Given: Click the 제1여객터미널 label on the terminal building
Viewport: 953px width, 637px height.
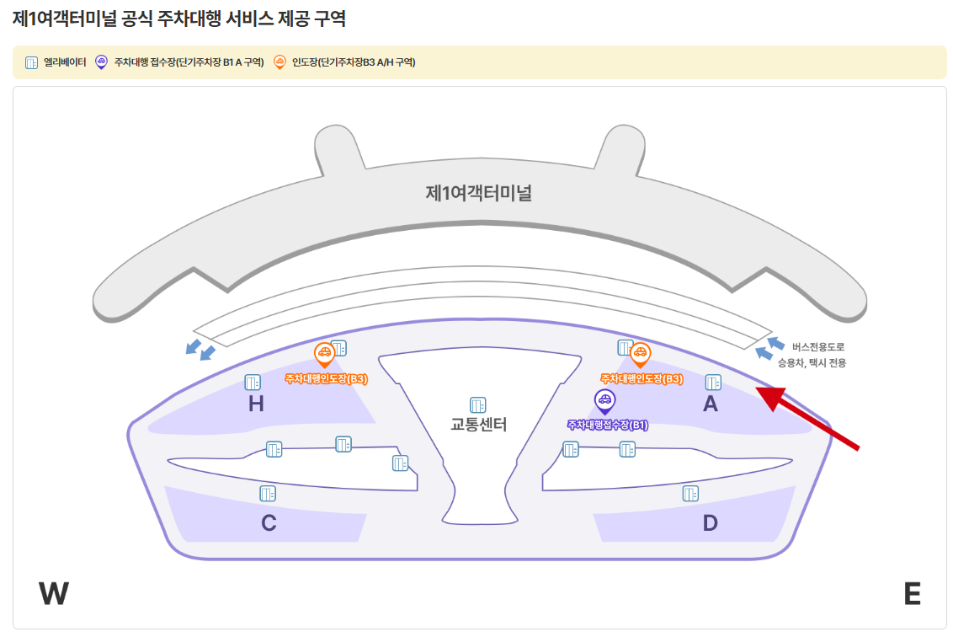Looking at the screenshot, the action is pyautogui.click(x=478, y=193).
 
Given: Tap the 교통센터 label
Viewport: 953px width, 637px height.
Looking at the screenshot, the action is pyautogui.click(x=478, y=425).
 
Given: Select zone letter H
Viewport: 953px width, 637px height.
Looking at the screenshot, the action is pyautogui.click(x=256, y=404).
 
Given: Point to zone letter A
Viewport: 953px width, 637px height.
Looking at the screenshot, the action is pyautogui.click(x=710, y=404).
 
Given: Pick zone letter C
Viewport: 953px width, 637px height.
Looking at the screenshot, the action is pyautogui.click(x=269, y=523).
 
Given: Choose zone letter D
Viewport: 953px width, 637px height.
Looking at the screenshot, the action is pyautogui.click(x=710, y=523).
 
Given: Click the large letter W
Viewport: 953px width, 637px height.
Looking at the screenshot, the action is pyautogui.click(x=53, y=594).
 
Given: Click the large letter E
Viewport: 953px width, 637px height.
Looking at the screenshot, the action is pyautogui.click(x=912, y=594).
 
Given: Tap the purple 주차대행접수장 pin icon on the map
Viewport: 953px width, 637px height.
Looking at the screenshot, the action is pyautogui.click(x=604, y=400).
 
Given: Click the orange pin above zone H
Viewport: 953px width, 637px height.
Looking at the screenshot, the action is pyautogui.click(x=324, y=354).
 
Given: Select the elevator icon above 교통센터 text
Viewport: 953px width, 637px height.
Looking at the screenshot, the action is pyautogui.click(x=478, y=404).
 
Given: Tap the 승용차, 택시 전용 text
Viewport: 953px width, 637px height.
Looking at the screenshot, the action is pyautogui.click(x=812, y=363).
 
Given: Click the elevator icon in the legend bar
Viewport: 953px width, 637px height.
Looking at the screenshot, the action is pyautogui.click(x=32, y=62).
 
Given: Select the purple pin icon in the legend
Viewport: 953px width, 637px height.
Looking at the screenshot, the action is pyautogui.click(x=102, y=62).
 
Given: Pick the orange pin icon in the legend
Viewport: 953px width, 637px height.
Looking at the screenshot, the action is pyautogui.click(x=280, y=62).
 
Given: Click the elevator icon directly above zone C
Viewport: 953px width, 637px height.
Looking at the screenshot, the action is pyautogui.click(x=268, y=493).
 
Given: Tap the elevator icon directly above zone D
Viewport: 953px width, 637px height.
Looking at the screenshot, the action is pyautogui.click(x=690, y=493).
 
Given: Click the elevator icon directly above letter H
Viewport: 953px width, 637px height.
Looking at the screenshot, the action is pyautogui.click(x=253, y=382).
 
